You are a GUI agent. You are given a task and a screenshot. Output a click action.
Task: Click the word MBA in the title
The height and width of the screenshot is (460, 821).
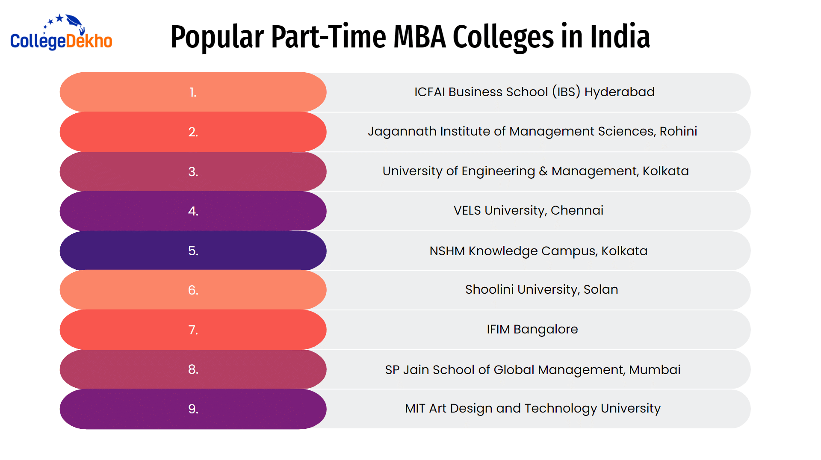419,37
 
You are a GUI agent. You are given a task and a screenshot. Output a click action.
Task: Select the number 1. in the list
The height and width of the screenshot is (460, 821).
193,92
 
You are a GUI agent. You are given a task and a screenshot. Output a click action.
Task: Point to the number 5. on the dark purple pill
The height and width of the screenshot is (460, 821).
193,251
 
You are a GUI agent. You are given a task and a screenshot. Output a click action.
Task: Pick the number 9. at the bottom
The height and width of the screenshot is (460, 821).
193,409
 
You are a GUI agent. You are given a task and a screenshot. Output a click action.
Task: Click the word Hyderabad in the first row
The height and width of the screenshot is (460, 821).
619,92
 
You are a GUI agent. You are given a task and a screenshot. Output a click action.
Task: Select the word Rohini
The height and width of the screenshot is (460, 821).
678,131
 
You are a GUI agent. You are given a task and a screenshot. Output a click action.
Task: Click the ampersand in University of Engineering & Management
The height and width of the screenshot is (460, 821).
543,171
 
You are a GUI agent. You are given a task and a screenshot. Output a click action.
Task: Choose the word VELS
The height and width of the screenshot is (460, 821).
467,210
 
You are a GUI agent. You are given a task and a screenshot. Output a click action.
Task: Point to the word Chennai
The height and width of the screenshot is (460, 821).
577,210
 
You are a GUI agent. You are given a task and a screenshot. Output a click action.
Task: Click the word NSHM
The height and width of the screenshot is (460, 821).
447,251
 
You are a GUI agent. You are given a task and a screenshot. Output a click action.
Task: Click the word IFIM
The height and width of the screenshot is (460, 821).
498,329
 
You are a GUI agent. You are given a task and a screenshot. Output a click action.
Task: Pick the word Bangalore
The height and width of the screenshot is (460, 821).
546,330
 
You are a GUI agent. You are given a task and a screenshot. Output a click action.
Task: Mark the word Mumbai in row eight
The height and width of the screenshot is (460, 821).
655,369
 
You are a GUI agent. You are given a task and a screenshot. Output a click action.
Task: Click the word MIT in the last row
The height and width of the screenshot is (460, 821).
415,408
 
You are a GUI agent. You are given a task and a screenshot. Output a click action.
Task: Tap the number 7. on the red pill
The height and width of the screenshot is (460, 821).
193,330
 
